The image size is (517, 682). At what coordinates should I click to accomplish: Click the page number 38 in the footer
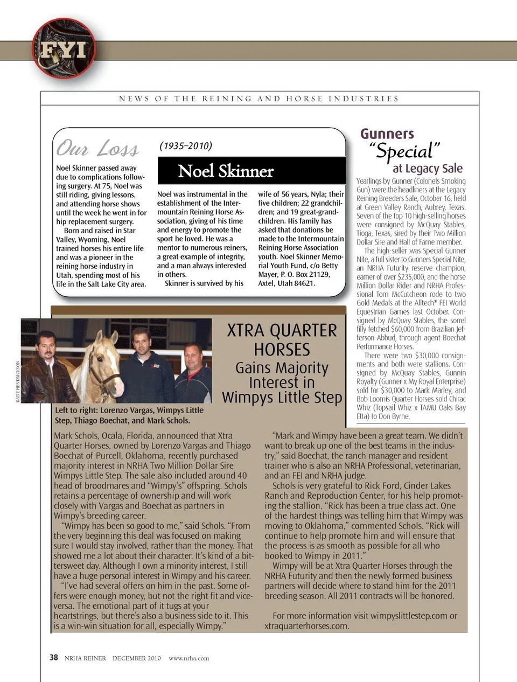[54, 658]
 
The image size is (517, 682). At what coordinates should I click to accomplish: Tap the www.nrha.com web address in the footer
[188, 658]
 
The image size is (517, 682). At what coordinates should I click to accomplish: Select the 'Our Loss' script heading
[97, 148]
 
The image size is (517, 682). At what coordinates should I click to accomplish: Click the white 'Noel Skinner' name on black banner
[226, 171]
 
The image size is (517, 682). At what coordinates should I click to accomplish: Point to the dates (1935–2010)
[186, 146]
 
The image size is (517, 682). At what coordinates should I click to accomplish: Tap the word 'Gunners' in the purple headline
[387, 134]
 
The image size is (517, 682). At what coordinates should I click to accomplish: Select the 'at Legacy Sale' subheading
[427, 169]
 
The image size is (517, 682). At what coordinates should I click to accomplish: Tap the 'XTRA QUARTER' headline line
[282, 330]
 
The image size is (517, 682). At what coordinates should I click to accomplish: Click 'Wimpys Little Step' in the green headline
[282, 398]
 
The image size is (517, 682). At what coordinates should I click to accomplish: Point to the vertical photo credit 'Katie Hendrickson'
[18, 381]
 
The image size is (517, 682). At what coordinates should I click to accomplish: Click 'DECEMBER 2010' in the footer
[136, 658]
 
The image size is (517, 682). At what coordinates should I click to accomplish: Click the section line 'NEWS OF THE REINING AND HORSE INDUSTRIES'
[259, 99]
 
